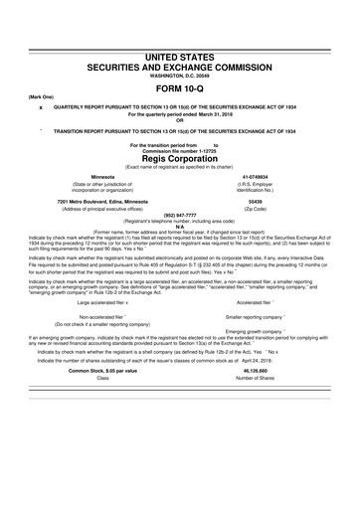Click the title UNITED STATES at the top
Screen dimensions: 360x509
click(x=180, y=58)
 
